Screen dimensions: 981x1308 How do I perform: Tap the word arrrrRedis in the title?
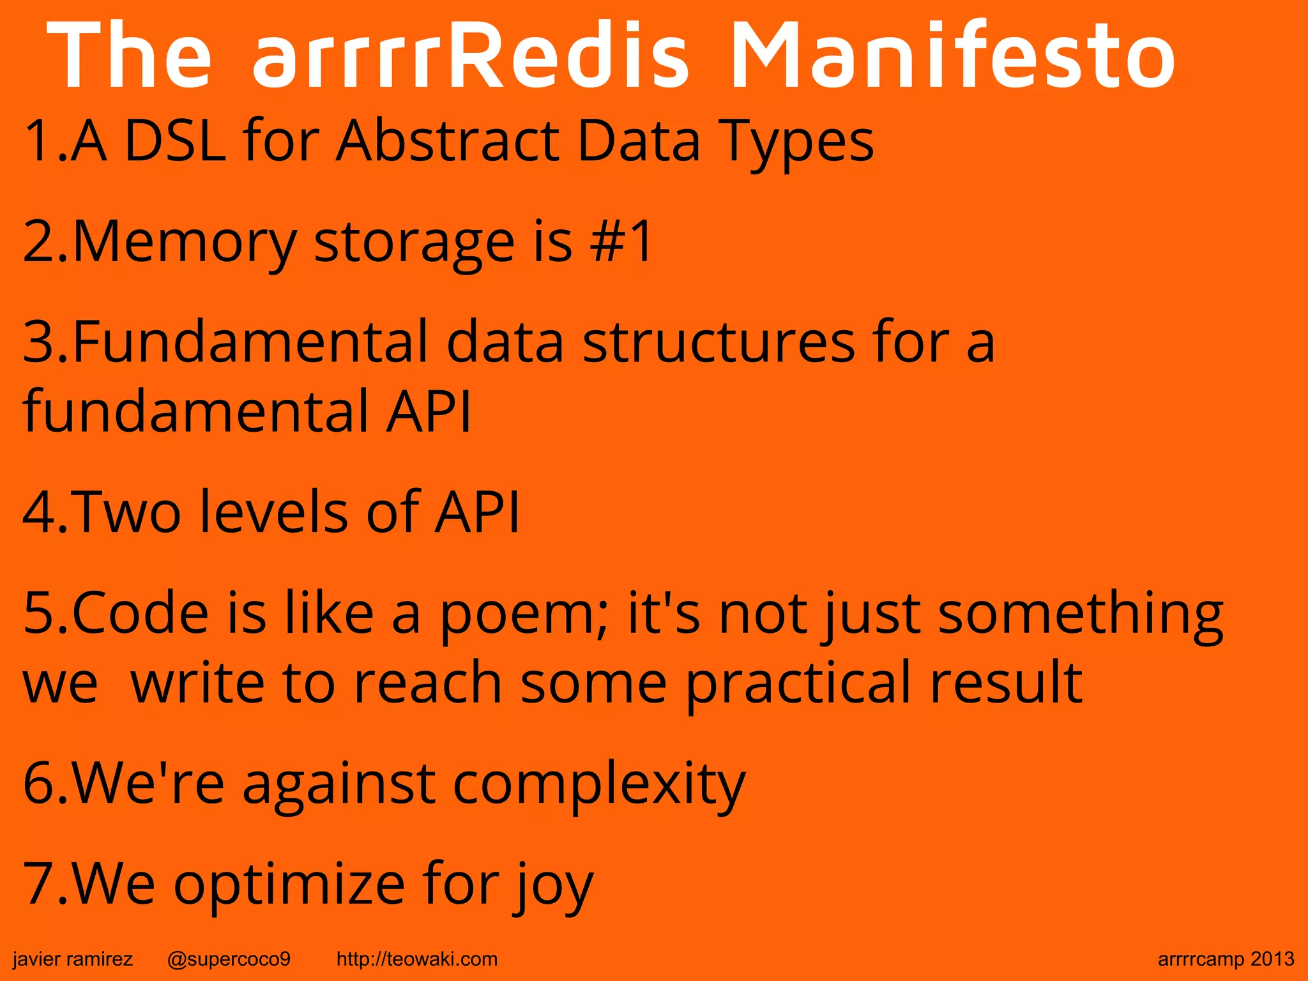[471, 56]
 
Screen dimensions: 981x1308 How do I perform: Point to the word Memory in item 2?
[185, 243]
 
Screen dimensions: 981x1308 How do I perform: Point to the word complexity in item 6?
[599, 784]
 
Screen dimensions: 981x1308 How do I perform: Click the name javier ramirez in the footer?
[73, 959]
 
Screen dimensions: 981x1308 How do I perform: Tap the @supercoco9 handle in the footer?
[229, 959]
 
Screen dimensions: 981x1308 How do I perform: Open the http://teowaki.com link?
[416, 959]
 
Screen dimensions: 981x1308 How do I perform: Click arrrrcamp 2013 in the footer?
[1226, 959]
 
